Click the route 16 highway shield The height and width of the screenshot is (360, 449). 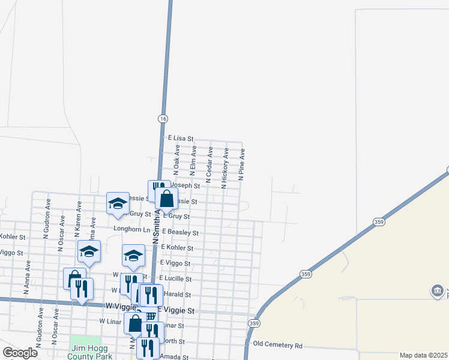[163, 119]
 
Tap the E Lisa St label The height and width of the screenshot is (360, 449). [181, 138]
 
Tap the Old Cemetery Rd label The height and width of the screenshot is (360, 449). [278, 344]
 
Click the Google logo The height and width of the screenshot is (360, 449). [20, 353]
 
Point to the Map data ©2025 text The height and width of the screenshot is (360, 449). [423, 355]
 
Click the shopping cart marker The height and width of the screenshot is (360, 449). [151, 316]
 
